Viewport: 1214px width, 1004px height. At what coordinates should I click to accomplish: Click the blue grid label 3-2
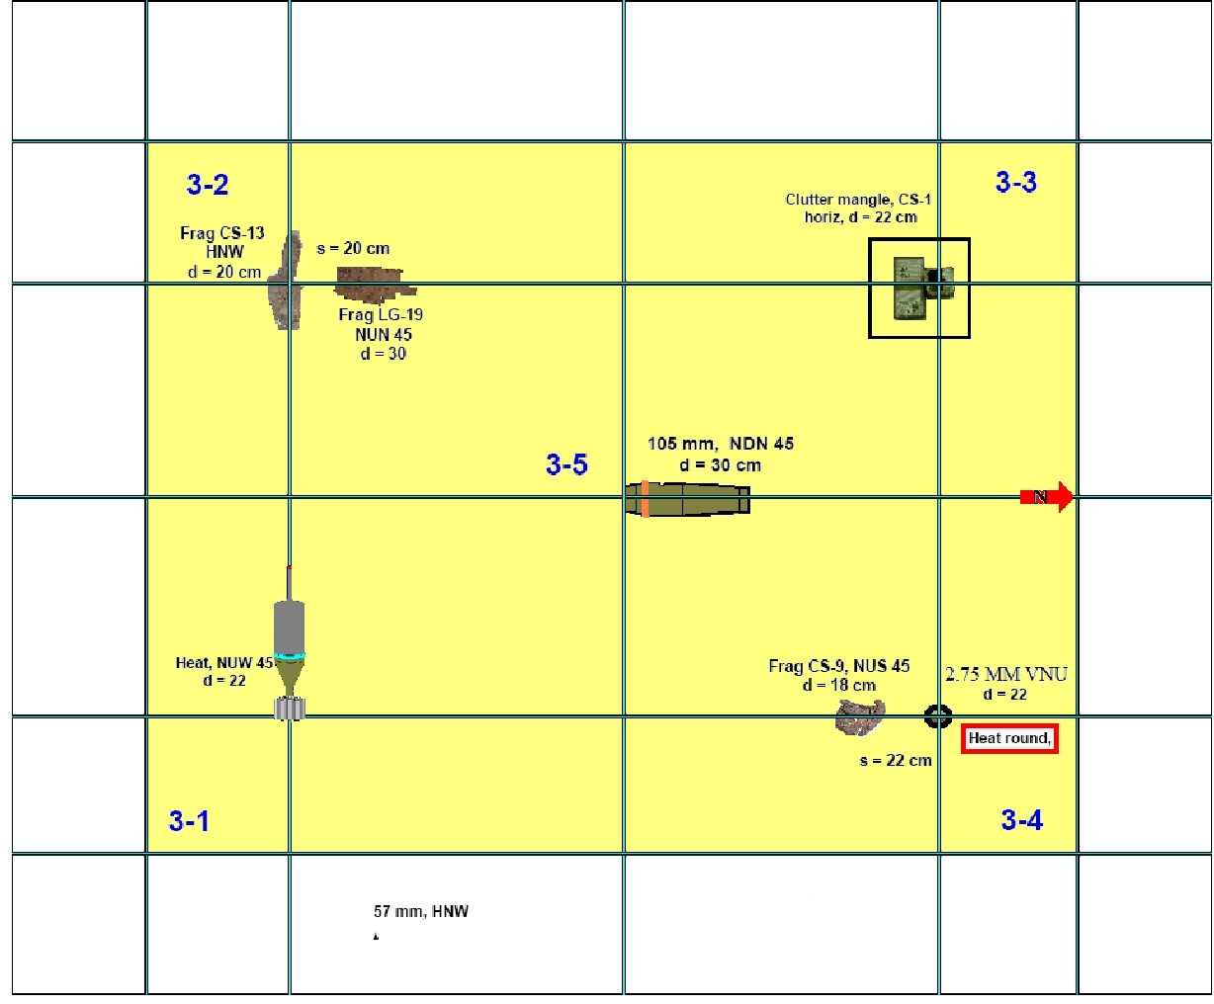coord(208,185)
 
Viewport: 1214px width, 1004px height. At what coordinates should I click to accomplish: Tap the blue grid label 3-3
coord(1015,182)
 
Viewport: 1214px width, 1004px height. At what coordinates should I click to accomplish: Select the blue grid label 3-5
coord(566,464)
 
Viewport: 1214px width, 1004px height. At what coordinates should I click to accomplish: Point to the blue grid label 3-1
coord(189,821)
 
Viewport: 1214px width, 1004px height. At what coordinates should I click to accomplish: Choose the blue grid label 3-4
coord(1021,820)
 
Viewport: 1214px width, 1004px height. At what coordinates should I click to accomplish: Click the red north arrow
coord(1048,496)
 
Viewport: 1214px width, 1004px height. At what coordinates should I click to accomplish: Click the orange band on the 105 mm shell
coord(645,499)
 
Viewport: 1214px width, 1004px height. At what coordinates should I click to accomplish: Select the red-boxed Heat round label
coord(1009,738)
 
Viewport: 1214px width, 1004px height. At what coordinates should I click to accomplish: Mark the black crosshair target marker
coord(937,715)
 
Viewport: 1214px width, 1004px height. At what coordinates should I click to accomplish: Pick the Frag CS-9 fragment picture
coord(859,716)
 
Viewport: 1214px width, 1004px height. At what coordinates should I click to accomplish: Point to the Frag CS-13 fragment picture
coord(288,281)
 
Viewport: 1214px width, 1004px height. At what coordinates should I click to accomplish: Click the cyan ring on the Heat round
coord(290,656)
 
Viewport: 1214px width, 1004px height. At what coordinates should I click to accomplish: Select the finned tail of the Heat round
coord(291,708)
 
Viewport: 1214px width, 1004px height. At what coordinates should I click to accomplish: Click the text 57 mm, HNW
coord(421,911)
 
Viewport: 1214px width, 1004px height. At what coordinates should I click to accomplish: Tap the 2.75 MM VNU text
coord(1005,674)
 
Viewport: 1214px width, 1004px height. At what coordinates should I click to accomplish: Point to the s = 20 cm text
coord(353,249)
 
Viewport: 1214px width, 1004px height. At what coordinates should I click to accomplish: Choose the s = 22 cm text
coord(896,760)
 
